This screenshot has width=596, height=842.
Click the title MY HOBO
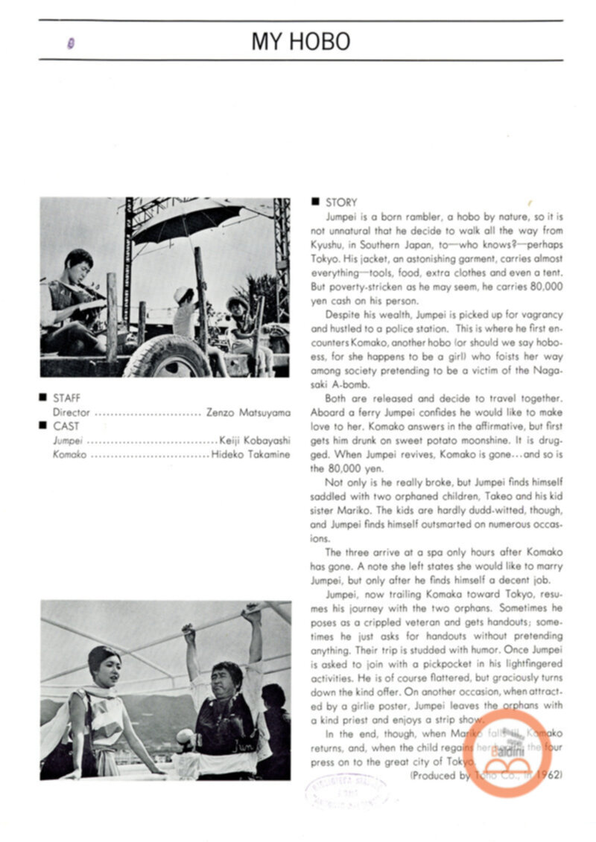click(x=300, y=41)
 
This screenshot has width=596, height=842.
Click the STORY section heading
click(x=340, y=202)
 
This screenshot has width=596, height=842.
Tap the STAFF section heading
click(x=66, y=398)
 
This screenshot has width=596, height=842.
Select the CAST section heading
click(x=66, y=426)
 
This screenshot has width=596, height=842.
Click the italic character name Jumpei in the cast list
click(x=68, y=440)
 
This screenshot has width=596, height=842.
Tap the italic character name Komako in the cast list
click(x=69, y=454)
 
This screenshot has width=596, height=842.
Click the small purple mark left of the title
click(x=71, y=43)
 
